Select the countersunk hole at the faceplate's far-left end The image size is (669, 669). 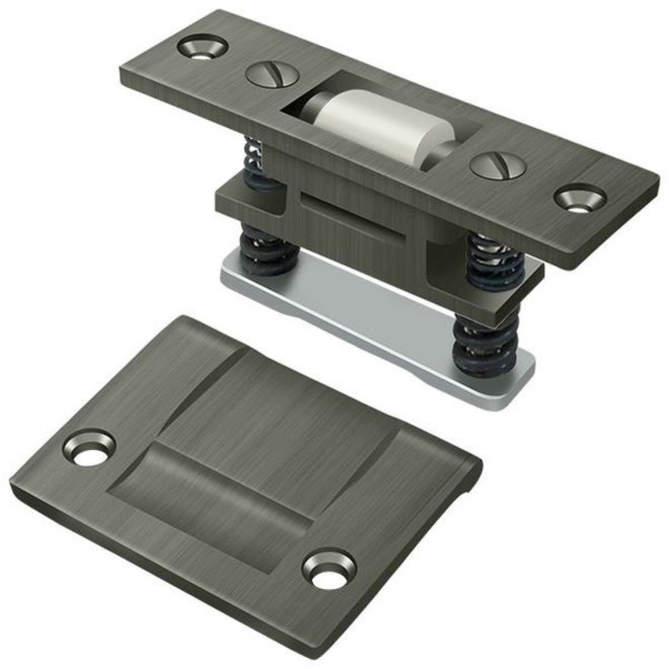click(202, 47)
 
